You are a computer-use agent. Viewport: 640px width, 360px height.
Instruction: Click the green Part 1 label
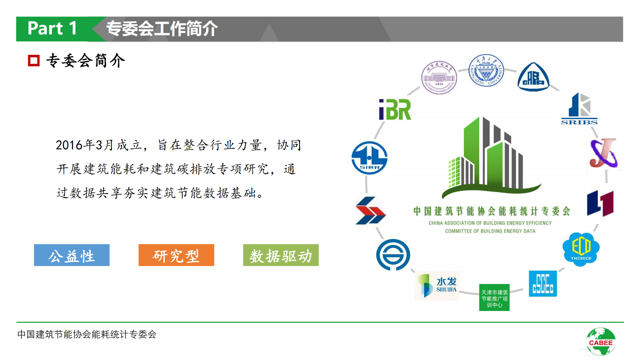[x=52, y=29]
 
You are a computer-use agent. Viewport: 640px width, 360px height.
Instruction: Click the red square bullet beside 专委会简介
[x=34, y=61]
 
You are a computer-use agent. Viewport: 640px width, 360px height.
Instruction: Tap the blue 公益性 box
[x=72, y=255]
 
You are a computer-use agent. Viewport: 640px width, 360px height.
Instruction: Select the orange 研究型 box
[x=176, y=255]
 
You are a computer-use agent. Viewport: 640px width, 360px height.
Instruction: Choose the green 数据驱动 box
[x=281, y=255]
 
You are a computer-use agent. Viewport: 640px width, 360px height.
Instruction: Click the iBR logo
[x=395, y=110]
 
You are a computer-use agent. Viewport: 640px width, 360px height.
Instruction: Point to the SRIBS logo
[x=579, y=109]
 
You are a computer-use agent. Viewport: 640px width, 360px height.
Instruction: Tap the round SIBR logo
[x=370, y=158]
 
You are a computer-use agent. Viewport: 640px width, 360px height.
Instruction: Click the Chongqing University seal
[x=486, y=70]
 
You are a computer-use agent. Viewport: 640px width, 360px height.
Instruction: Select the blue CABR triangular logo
[x=533, y=77]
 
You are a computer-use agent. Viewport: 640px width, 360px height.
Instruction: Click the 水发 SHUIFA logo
[x=437, y=286]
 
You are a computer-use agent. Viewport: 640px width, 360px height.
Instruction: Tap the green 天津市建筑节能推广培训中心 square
[x=494, y=298]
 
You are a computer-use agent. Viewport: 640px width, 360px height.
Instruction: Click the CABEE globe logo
[x=601, y=342]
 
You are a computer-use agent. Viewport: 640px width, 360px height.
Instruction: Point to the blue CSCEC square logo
[x=543, y=284]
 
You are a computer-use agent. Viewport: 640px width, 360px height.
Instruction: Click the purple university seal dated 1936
[x=439, y=78]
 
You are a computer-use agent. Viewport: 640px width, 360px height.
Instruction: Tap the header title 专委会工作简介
[x=162, y=29]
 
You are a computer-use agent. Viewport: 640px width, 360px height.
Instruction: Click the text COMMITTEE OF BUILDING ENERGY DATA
[x=490, y=231]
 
